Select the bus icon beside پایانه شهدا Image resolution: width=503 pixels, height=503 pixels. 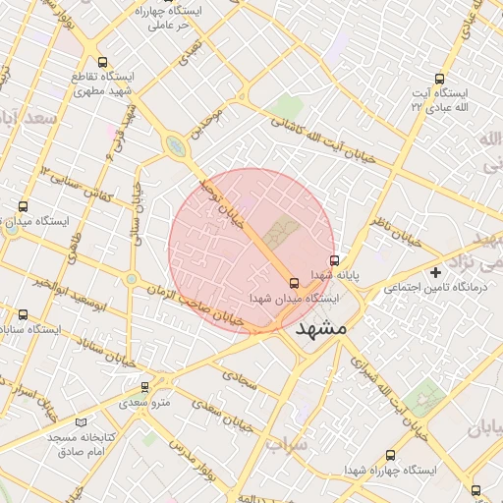click(x=336, y=261)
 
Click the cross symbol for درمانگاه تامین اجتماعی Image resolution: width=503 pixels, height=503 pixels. click(x=436, y=271)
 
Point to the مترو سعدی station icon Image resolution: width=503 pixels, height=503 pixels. click(x=145, y=387)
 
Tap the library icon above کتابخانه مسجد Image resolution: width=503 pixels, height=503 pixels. click(x=53, y=420)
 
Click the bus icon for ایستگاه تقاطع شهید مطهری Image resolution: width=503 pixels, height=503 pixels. click(x=103, y=62)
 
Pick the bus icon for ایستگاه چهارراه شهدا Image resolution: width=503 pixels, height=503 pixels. click(x=390, y=455)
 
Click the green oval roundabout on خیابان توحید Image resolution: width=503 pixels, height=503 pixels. click(x=176, y=148)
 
